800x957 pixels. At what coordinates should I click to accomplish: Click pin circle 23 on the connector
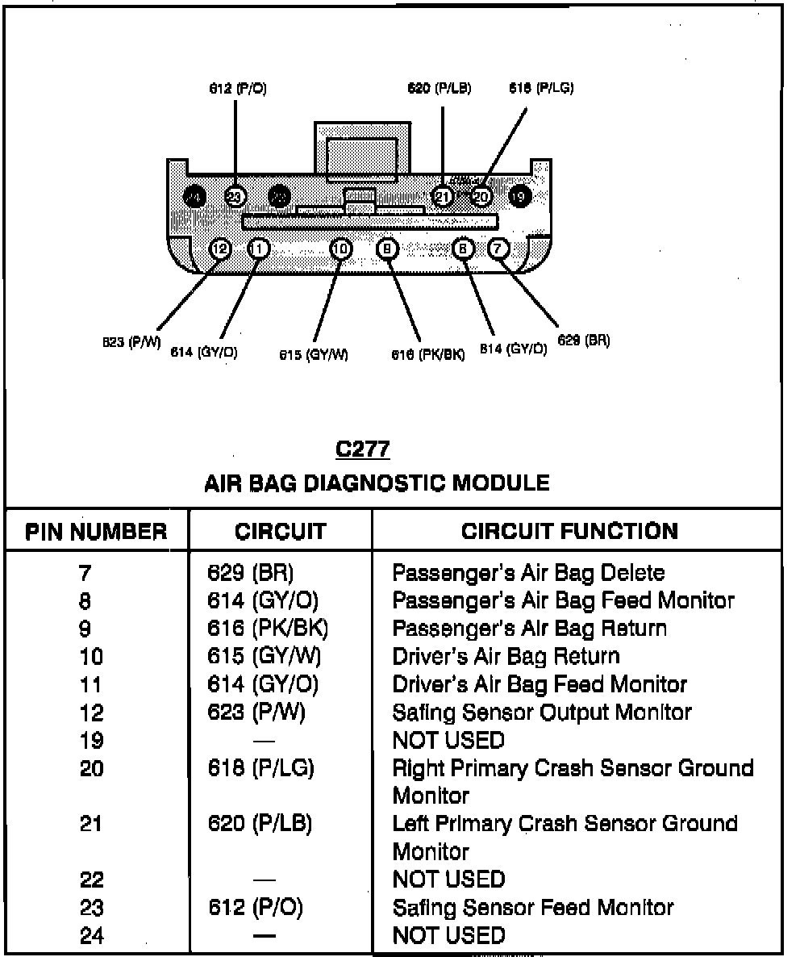coord(235,196)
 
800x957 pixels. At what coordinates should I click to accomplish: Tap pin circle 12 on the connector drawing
coord(219,249)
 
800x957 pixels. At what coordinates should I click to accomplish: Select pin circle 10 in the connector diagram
coord(342,249)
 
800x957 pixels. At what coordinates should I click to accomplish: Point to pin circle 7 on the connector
coord(498,249)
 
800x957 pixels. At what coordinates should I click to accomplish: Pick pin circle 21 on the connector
coord(443,196)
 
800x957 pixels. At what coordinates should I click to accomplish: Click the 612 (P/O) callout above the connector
coord(237,90)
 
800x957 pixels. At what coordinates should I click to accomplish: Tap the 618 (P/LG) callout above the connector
coord(541,88)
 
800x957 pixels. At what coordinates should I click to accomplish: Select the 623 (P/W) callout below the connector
coord(131,342)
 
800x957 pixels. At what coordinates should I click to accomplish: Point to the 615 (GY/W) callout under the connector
coord(314,354)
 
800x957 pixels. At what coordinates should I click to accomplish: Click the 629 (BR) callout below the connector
coord(584,341)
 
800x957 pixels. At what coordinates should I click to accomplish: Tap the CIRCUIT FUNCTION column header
coord(569,531)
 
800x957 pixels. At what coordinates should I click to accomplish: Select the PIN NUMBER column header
coord(97,532)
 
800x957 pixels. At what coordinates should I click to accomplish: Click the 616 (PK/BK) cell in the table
coord(268,629)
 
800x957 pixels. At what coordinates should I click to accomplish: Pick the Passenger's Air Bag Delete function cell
coord(528,573)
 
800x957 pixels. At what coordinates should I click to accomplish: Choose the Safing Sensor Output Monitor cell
coord(542,713)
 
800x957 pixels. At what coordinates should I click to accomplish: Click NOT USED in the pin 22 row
coord(448,880)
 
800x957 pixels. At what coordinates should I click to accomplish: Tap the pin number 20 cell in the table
coord(92,768)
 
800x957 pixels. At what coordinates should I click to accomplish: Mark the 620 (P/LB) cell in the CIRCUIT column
coord(260,824)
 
